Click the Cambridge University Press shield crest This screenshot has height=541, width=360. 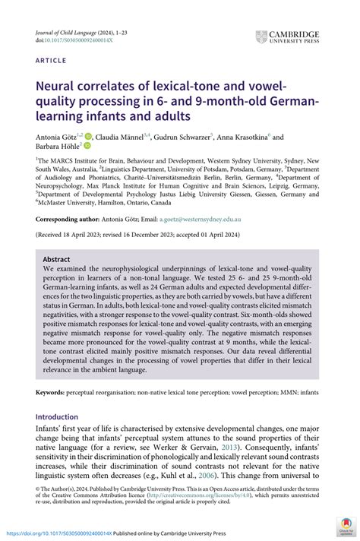pyautogui.click(x=262, y=36)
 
